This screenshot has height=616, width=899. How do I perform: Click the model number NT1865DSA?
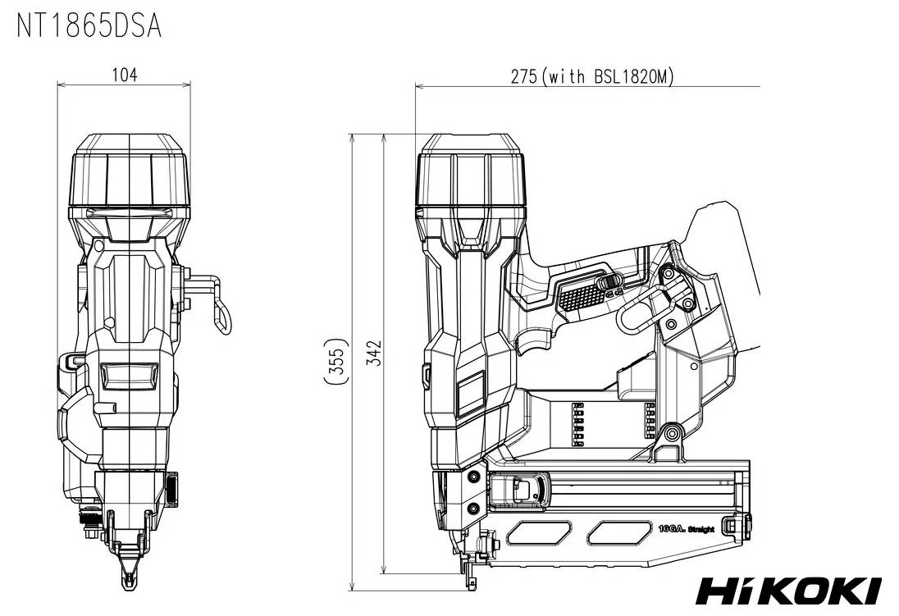[89, 26]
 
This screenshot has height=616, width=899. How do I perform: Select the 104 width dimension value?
[124, 75]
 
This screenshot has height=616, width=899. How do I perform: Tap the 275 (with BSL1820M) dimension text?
[591, 76]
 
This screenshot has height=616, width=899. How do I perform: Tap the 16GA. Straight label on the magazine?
[686, 530]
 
